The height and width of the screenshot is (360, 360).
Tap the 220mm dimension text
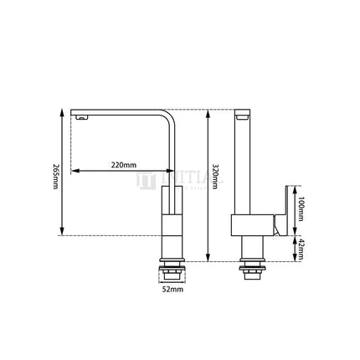[x=123, y=165]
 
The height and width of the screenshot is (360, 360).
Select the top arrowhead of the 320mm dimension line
[x=209, y=112]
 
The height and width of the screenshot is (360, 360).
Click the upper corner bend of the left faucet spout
[x=172, y=116]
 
